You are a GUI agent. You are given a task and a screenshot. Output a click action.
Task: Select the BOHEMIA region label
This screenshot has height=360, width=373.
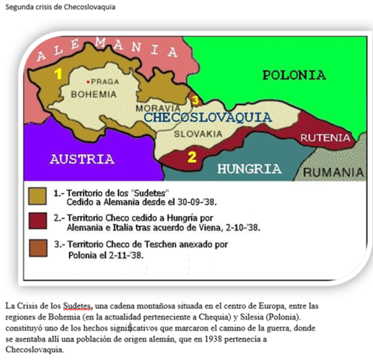93,94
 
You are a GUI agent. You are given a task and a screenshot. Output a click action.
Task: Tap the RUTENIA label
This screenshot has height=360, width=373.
325,138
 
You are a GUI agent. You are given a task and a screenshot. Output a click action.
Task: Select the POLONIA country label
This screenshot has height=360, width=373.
293,75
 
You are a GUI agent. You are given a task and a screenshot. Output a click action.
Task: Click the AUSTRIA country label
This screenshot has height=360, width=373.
82,159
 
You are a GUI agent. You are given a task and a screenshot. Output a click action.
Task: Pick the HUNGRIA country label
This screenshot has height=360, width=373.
249,169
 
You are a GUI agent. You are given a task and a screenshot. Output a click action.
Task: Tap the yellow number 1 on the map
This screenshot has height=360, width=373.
57,73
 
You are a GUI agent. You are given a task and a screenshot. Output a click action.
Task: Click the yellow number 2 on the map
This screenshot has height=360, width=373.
191,157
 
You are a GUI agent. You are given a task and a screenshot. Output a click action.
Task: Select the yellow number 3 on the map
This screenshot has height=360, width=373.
195,100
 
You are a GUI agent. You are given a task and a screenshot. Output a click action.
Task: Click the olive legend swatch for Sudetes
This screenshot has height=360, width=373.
39,197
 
